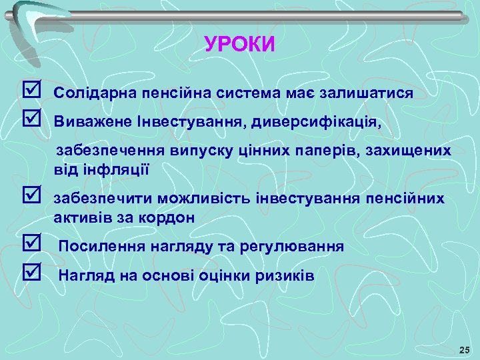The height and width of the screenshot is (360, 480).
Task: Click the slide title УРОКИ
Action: click(x=239, y=44)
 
